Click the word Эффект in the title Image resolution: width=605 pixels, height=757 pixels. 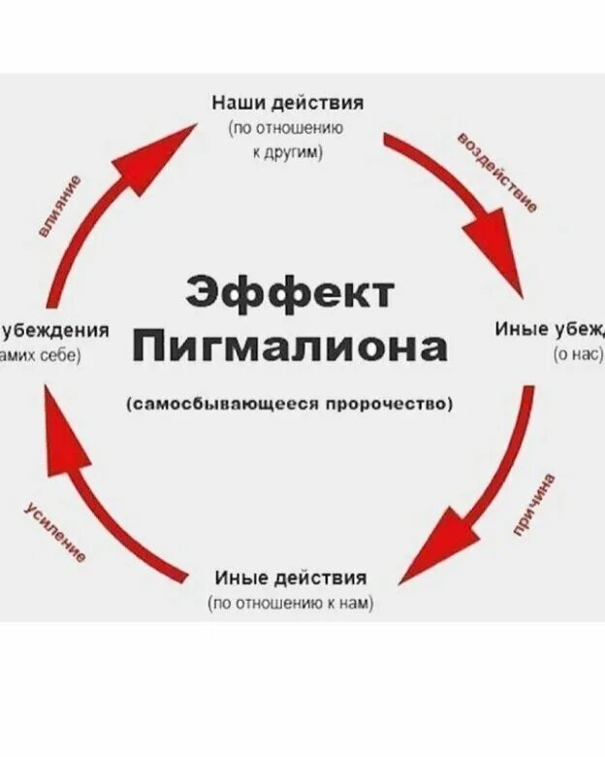coord(290,291)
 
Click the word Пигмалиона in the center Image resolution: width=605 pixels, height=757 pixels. coord(290,346)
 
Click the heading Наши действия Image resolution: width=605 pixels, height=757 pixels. coord(288,103)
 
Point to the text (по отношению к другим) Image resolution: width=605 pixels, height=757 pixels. coord(288,140)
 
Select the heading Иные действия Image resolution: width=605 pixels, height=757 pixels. coord(290,578)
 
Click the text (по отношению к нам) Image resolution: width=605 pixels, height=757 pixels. coord(290,604)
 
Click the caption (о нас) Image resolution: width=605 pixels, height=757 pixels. coord(578,355)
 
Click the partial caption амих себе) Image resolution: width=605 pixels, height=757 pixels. coord(41,355)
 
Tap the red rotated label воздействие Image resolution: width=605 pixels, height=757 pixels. coord(496,172)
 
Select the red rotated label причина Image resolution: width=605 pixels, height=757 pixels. coord(535,505)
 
